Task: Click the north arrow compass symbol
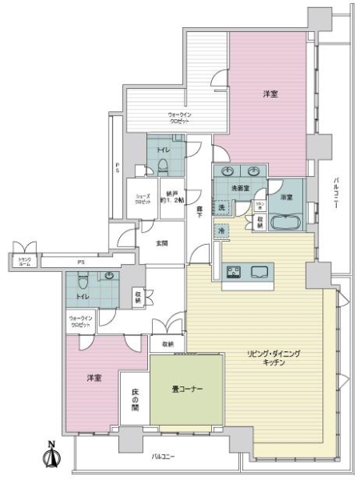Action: (x=54, y=455)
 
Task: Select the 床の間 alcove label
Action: (x=134, y=399)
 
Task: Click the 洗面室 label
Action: (x=241, y=187)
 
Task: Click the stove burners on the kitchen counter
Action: (x=234, y=272)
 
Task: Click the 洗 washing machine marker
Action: (x=222, y=208)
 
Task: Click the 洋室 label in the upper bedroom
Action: (x=271, y=94)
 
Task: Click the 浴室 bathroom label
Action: (x=286, y=196)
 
